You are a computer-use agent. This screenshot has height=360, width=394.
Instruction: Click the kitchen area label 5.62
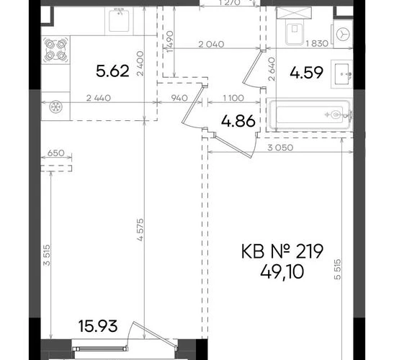(112, 71)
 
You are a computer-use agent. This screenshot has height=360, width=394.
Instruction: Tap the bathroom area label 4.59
(306, 73)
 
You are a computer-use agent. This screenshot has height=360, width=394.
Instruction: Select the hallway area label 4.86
(238, 121)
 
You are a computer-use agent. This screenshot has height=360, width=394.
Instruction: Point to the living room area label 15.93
(98, 326)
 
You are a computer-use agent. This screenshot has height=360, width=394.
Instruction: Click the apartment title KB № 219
(282, 251)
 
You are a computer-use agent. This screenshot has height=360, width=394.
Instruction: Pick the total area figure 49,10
(282, 272)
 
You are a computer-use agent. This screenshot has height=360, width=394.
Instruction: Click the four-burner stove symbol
(55, 50)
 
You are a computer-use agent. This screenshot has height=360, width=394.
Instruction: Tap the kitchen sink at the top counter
(119, 20)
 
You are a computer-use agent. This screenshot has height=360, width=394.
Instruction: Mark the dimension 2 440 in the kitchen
(98, 98)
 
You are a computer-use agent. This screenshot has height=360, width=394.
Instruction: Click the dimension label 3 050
(280, 148)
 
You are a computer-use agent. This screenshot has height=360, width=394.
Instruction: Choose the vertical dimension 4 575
(140, 230)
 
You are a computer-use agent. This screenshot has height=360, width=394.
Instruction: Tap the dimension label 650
(55, 153)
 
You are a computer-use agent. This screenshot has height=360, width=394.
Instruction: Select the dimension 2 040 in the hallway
(211, 45)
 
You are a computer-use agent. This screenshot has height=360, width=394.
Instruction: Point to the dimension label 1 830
(317, 44)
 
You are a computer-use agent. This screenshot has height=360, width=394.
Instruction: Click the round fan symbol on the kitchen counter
(55, 107)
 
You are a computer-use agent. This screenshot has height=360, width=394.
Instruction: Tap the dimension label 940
(179, 98)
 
